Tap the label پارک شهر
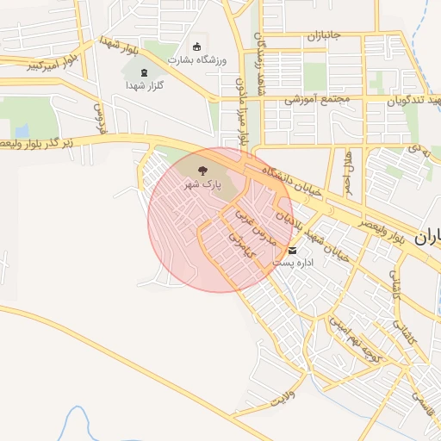pyautogui.click(x=205, y=185)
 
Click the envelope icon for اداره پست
pyautogui.click(x=293, y=251)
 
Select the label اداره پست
pyautogui.click(x=293, y=262)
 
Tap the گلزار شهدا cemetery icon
pyautogui.click(x=145, y=72)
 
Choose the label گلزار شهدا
pyautogui.click(x=145, y=85)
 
